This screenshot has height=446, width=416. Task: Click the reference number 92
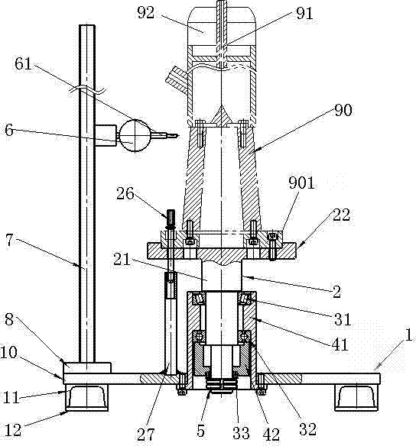(146, 13)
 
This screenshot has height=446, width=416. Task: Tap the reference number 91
(304, 14)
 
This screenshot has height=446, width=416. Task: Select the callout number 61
(24, 63)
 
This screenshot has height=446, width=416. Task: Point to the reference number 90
(343, 110)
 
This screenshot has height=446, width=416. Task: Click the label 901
(301, 183)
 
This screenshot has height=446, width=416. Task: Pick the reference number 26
(125, 194)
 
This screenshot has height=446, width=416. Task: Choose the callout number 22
(341, 215)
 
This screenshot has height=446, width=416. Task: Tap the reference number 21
(122, 259)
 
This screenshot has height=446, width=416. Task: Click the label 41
(340, 344)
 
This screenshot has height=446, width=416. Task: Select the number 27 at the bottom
(146, 435)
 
